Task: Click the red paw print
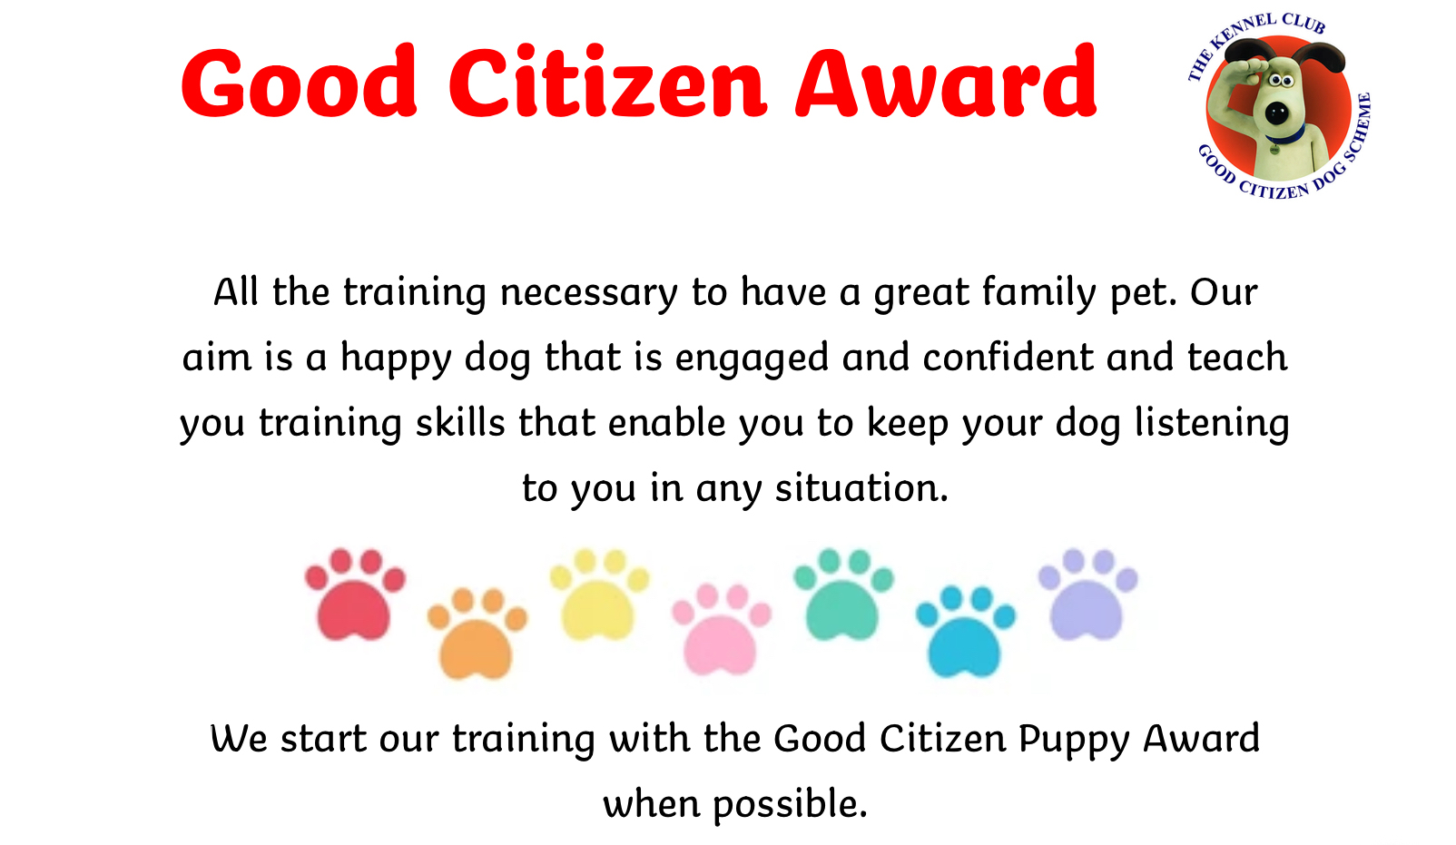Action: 355,594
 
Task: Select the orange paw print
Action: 477,634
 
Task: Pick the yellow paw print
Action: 599,594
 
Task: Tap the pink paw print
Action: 722,629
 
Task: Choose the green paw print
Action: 843,594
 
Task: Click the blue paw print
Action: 966,632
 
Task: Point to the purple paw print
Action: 1088,594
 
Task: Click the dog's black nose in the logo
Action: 1276,114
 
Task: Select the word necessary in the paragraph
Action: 589,292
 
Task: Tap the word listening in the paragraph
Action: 1212,424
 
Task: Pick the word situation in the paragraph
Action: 862,488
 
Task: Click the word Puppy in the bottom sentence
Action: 1074,740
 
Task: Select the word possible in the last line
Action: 791,805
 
